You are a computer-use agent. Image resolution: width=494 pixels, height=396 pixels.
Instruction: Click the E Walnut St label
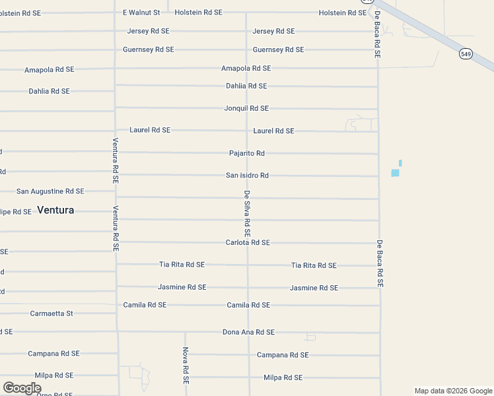click(141, 13)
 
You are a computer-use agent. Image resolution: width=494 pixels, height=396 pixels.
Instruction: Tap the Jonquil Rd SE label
click(246, 108)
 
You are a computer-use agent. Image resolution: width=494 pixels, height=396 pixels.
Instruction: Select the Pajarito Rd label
click(247, 153)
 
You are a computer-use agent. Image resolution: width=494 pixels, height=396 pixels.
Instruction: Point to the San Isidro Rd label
click(247, 176)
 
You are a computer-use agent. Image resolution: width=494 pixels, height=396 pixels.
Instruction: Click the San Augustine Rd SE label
click(50, 191)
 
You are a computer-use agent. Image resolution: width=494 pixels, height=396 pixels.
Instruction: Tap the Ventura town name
click(55, 210)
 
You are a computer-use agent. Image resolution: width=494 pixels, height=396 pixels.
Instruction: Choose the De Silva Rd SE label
click(246, 214)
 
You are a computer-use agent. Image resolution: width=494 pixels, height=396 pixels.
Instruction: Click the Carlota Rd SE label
click(248, 243)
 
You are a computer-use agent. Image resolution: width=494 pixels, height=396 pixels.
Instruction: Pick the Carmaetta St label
click(52, 313)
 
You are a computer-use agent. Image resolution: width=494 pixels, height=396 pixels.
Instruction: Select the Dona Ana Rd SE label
click(248, 333)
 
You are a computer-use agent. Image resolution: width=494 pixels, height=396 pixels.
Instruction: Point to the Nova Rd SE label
click(186, 366)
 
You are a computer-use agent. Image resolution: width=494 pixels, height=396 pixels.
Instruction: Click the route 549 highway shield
click(466, 54)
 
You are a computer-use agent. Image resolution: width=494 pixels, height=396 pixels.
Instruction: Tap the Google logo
click(22, 388)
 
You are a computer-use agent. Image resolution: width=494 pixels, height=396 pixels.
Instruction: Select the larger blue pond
click(395, 173)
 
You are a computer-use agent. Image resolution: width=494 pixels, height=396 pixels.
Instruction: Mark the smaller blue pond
click(400, 162)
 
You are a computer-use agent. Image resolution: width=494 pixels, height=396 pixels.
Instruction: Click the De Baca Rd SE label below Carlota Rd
click(380, 263)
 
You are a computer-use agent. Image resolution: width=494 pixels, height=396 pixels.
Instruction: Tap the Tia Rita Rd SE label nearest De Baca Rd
click(314, 265)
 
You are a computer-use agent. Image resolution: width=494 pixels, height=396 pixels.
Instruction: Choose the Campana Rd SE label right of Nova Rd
click(283, 355)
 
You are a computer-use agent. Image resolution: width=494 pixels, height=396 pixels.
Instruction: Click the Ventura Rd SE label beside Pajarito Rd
click(116, 160)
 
